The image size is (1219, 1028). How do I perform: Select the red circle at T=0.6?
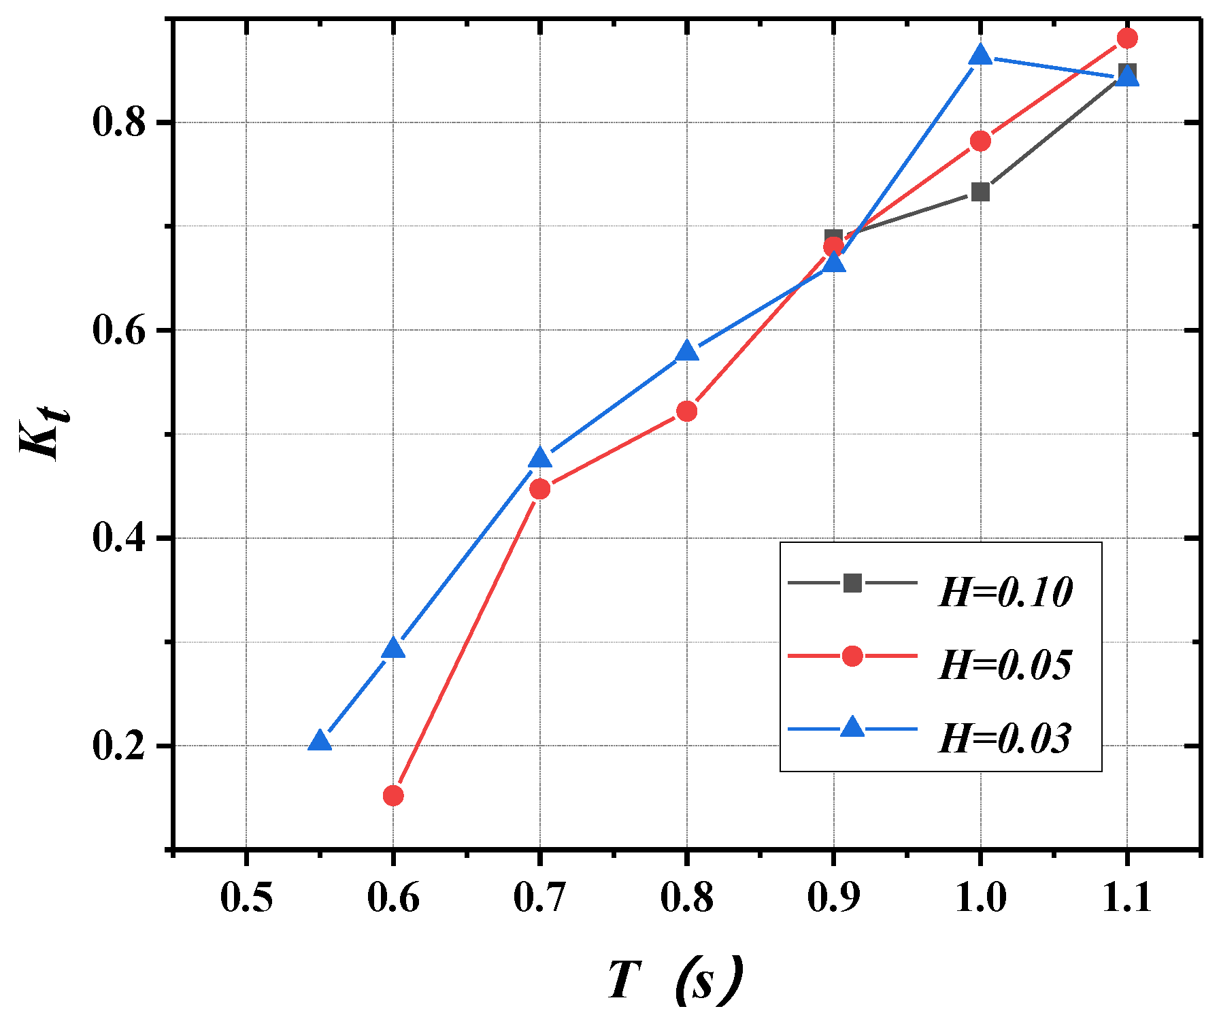pos(393,795)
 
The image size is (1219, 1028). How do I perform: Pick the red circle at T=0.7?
pos(540,488)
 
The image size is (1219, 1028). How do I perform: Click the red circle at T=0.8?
pos(687,411)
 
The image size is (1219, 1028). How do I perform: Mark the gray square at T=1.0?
pos(980,192)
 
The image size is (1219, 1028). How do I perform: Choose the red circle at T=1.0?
pos(980,141)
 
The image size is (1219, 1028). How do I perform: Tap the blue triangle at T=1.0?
pos(980,55)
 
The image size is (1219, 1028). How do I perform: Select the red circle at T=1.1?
pos(1127,38)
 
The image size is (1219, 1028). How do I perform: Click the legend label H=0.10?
pos(1005,592)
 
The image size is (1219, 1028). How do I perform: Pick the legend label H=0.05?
pos(1005,665)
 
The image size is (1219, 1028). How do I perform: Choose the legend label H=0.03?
pos(1005,738)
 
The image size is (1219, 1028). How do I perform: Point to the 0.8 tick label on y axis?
pos(120,123)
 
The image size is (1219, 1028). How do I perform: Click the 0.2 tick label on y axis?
pos(120,746)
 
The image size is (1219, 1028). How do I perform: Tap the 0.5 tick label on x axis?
pos(246,898)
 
